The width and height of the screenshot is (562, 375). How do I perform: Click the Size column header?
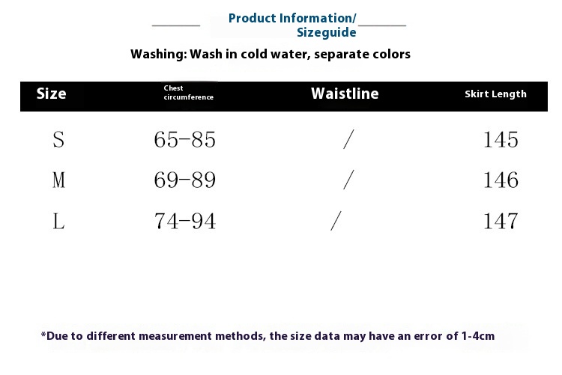[51, 94]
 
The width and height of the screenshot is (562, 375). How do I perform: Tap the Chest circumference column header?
[189, 92]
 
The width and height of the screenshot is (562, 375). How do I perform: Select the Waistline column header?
[345, 94]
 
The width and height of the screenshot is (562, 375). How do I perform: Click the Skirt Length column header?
[495, 94]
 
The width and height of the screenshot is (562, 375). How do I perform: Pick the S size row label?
[58, 139]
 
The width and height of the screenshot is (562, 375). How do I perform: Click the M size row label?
[58, 180]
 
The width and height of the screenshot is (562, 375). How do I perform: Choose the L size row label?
[58, 221]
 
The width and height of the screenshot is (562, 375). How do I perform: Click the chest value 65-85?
[185, 139]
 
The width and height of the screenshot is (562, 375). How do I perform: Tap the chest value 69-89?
[185, 180]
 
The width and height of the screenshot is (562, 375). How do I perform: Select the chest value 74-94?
[185, 221]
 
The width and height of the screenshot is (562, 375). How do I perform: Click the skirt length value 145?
[501, 139]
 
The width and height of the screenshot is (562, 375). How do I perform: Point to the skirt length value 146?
[501, 180]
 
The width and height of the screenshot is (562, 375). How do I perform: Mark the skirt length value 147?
[501, 221]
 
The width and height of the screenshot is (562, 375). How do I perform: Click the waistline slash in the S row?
[348, 139]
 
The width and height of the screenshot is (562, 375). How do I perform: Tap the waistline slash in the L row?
[336, 221]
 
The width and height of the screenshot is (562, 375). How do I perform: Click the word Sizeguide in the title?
[327, 32]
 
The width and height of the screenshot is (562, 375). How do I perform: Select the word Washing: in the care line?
[159, 54]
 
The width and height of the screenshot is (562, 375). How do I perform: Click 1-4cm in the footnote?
[478, 336]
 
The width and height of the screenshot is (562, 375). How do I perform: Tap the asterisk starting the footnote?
[43, 335]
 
